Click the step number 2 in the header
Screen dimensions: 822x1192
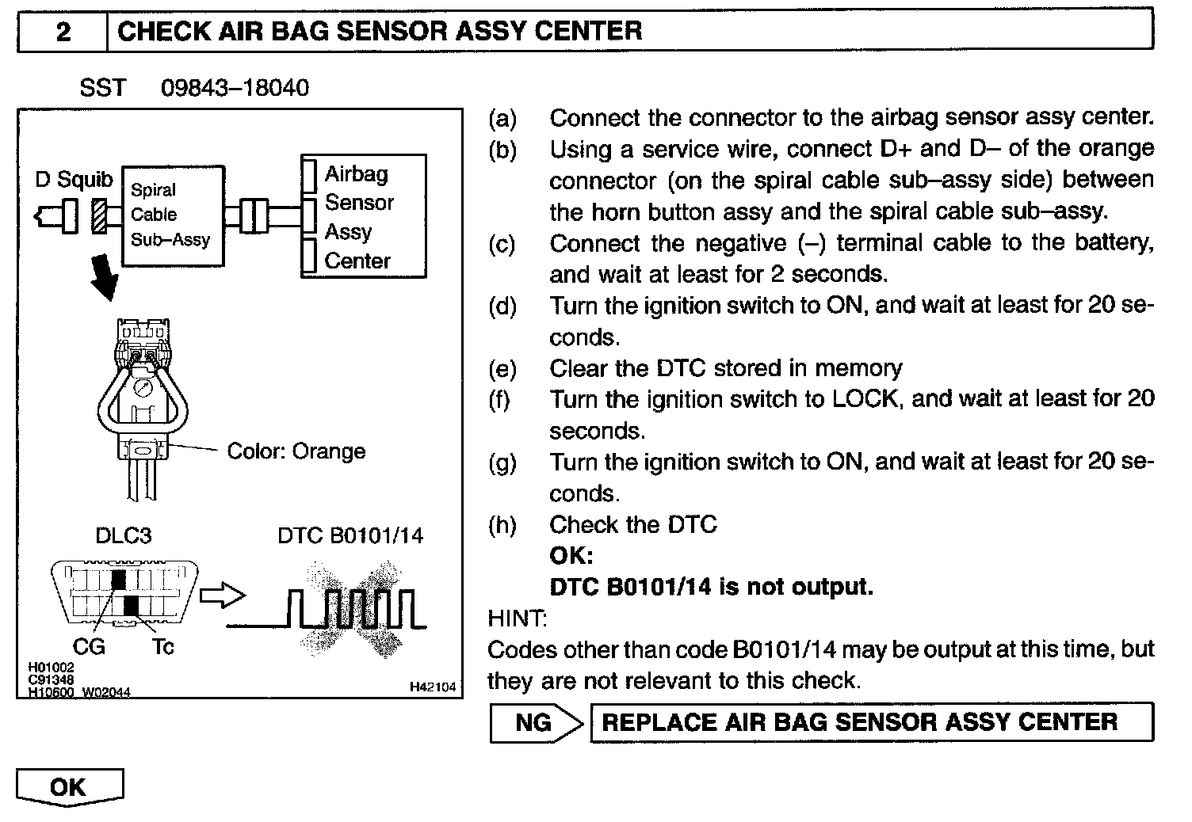coord(63,32)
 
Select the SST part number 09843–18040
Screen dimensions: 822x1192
coord(235,87)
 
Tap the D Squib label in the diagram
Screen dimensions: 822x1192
coord(74,180)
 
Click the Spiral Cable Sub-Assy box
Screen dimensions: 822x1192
coord(173,215)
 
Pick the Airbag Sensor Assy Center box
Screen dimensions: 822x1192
coord(364,216)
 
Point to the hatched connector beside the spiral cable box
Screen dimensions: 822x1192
coord(99,215)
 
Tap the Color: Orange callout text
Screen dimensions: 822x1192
coord(296,451)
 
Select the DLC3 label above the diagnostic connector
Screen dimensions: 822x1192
coord(123,535)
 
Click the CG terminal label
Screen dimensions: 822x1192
coord(88,647)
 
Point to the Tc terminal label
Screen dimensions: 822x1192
coord(162,647)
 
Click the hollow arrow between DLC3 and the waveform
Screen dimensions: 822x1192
coord(222,596)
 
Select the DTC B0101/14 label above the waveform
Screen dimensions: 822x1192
coord(350,535)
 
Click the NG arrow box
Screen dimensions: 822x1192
coord(536,722)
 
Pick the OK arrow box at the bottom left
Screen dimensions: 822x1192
coord(70,787)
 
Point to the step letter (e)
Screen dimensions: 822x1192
coord(502,368)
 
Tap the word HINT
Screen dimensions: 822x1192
coord(517,618)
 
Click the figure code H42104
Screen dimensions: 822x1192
coord(433,687)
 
